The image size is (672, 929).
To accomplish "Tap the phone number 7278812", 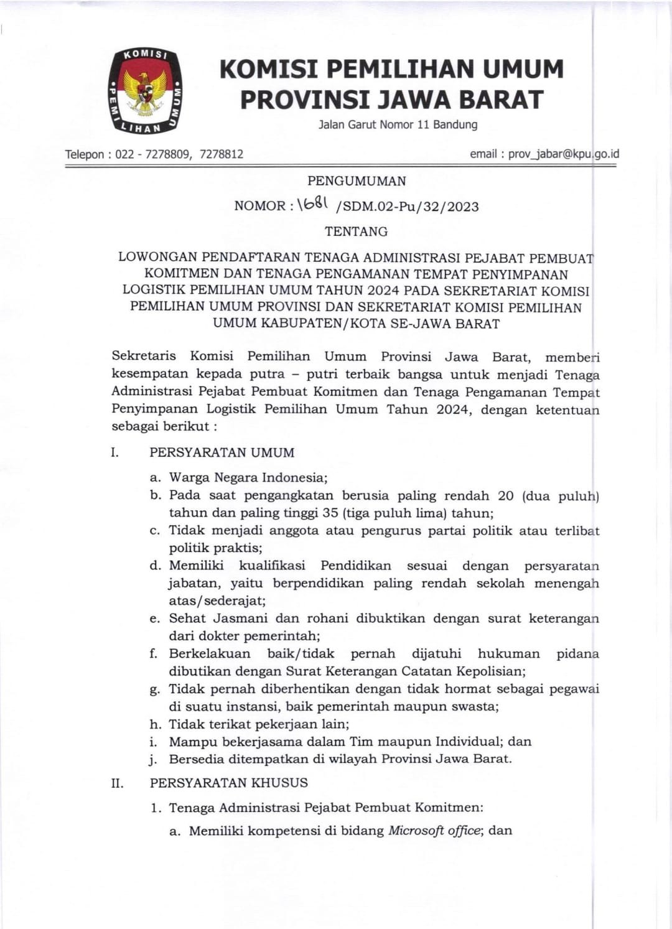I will click(222, 154).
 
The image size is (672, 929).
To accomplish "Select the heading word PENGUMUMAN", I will click(357, 181).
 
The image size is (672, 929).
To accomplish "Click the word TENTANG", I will click(357, 231).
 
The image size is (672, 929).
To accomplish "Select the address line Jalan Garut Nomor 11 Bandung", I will click(398, 124).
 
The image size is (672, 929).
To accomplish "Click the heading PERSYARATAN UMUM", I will click(222, 452).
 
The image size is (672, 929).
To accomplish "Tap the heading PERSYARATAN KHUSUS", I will click(228, 783).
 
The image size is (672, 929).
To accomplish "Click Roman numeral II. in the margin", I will click(117, 783).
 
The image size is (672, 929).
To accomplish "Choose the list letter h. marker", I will click(155, 724).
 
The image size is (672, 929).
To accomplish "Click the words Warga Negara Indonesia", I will click(248, 478).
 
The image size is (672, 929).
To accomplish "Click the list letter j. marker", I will click(155, 760).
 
